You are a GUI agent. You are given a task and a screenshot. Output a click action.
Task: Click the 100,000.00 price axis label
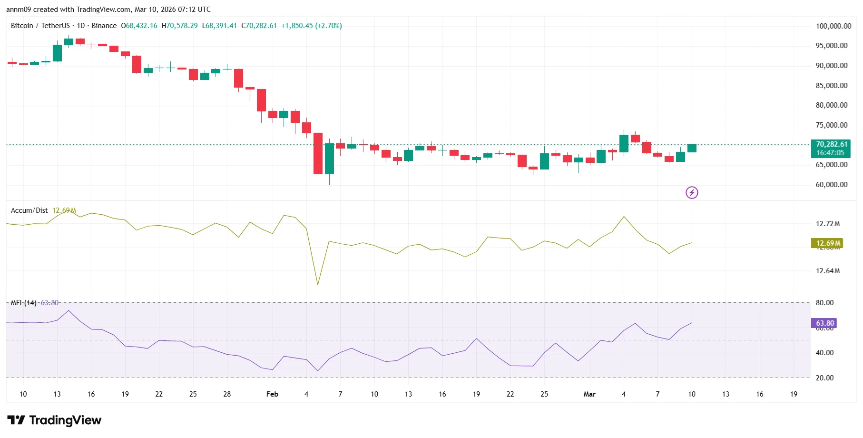pyautogui.click(x=833, y=26)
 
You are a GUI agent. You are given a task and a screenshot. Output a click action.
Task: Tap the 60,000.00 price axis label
pyautogui.click(x=831, y=185)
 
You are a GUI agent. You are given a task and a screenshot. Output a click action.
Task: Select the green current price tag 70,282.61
pyautogui.click(x=831, y=144)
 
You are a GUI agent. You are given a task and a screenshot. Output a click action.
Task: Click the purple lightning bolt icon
pyautogui.click(x=691, y=192)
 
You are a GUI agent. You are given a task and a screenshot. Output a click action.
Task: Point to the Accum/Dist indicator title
pyautogui.click(x=29, y=210)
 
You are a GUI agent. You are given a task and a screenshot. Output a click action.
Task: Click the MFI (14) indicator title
pyautogui.click(x=24, y=303)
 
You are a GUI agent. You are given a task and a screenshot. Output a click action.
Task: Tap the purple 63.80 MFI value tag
pyautogui.click(x=824, y=323)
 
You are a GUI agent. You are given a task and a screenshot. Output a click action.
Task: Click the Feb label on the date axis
pyautogui.click(x=272, y=394)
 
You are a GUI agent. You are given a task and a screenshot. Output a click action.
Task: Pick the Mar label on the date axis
pyautogui.click(x=589, y=394)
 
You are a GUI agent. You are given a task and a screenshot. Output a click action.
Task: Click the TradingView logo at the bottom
pyautogui.click(x=54, y=420)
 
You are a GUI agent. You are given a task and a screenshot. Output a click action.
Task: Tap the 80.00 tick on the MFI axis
pyautogui.click(x=824, y=303)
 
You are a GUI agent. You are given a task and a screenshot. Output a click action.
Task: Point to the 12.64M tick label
pyautogui.click(x=827, y=271)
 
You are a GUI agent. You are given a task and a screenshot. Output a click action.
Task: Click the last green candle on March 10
pyautogui.click(x=691, y=148)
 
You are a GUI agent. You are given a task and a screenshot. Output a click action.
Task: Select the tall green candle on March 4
pyautogui.click(x=623, y=143)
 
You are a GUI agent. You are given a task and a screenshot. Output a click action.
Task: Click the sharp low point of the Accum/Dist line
pyautogui.click(x=317, y=284)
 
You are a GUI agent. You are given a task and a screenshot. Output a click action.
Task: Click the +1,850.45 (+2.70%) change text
pyautogui.click(x=311, y=26)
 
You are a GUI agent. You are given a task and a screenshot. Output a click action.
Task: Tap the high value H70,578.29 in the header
pyautogui.click(x=179, y=26)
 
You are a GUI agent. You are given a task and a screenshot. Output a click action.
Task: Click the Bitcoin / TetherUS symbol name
pyautogui.click(x=40, y=26)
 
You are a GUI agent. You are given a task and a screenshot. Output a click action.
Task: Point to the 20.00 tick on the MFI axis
pyautogui.click(x=824, y=378)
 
